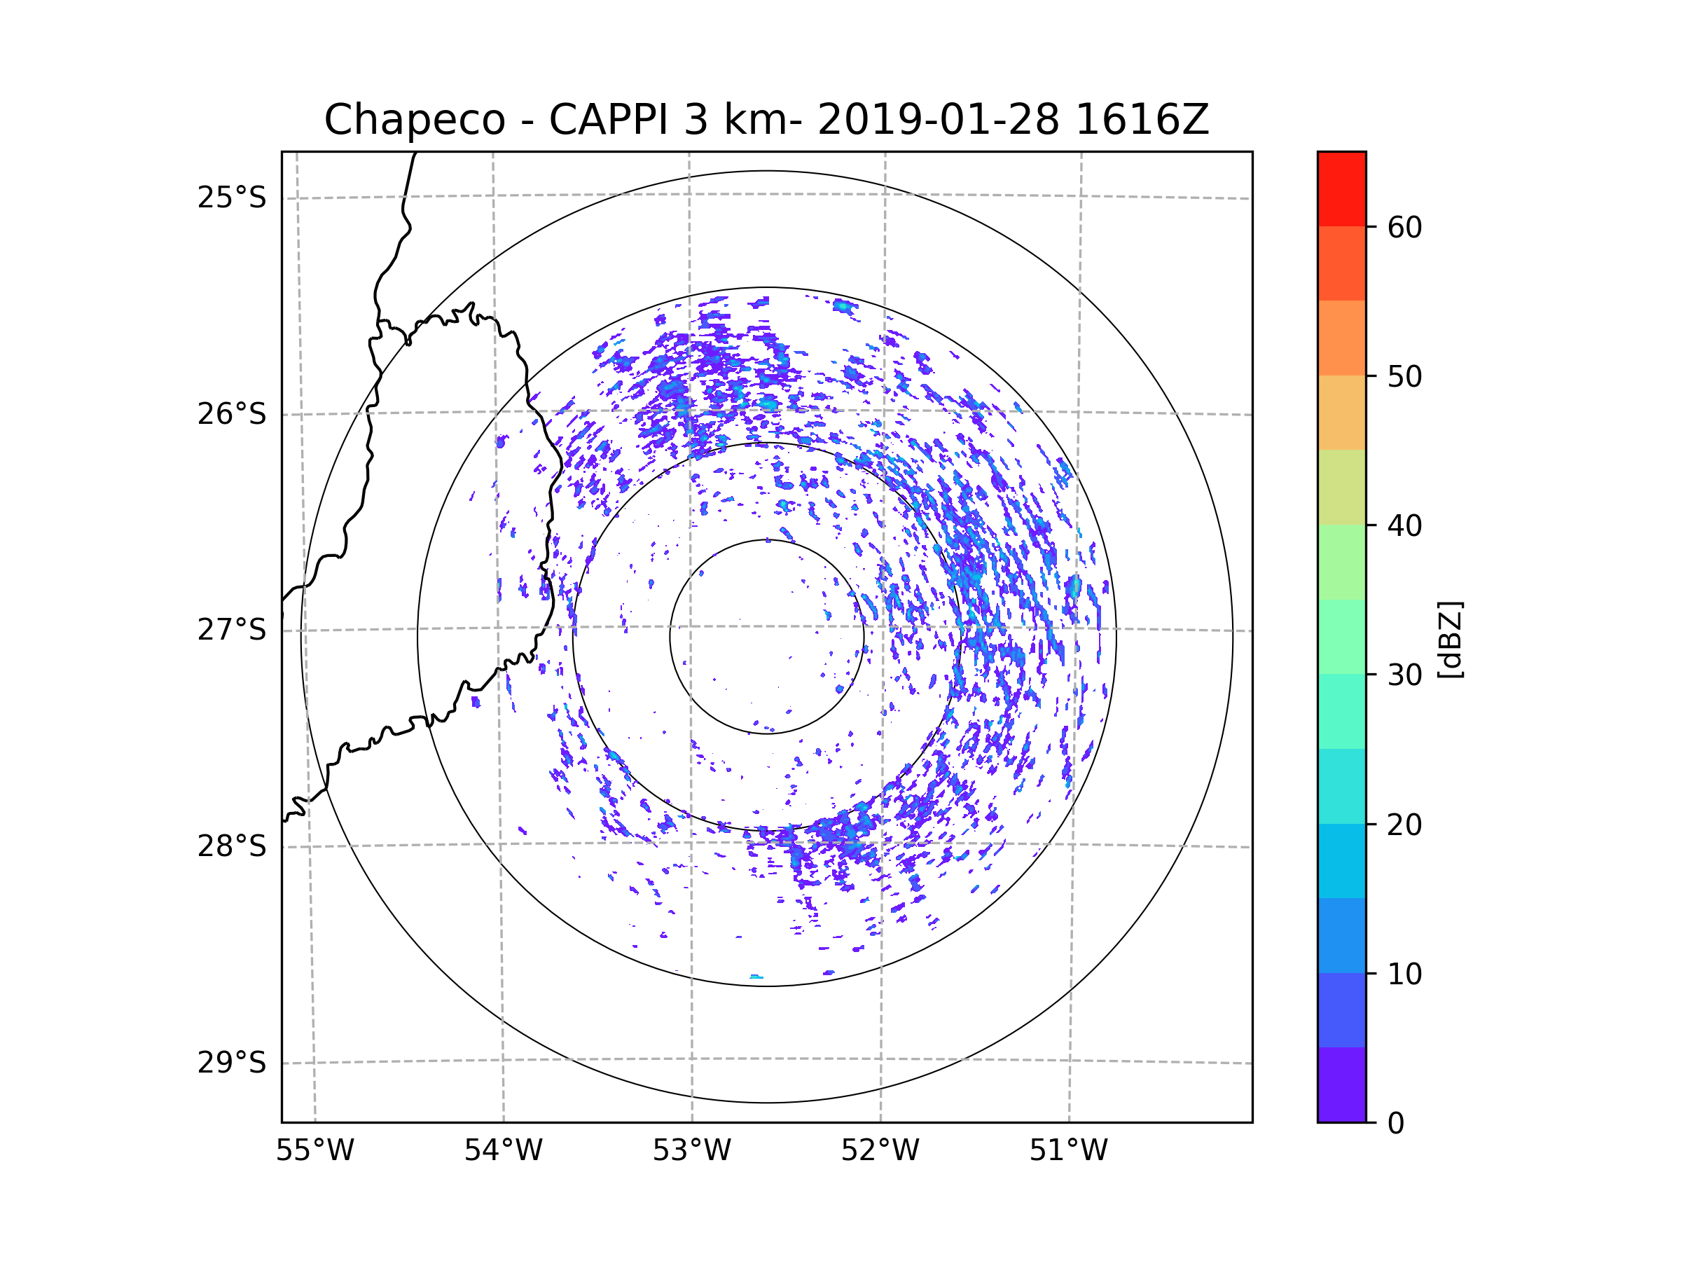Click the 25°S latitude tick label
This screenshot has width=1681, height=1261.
[x=232, y=198]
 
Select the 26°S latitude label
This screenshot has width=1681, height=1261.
[x=232, y=414]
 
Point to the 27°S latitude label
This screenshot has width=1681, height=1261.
[x=232, y=630]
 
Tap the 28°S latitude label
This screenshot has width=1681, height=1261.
[x=232, y=846]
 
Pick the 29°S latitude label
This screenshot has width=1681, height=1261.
[x=232, y=1063]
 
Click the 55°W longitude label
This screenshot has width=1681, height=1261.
[x=314, y=1151]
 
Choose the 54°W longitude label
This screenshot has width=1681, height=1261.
[x=503, y=1151]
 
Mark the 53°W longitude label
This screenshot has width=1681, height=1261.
[x=691, y=1151]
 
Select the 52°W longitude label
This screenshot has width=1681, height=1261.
[x=880, y=1151]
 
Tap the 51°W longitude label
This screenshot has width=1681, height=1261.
[x=1068, y=1151]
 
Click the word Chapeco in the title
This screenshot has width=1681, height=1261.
[x=415, y=120]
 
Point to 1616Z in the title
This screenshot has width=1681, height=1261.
[x=1142, y=120]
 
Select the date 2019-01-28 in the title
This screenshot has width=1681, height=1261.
[x=938, y=120]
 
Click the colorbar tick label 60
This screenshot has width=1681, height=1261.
[x=1404, y=227]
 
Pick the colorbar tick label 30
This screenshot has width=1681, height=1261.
[x=1404, y=675]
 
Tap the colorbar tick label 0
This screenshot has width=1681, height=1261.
[x=1396, y=1124]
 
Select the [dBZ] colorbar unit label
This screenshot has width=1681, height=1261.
[x=1450, y=639]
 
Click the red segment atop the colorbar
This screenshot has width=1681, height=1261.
[x=1341, y=188]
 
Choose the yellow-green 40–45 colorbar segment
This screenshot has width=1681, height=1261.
[x=1341, y=487]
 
